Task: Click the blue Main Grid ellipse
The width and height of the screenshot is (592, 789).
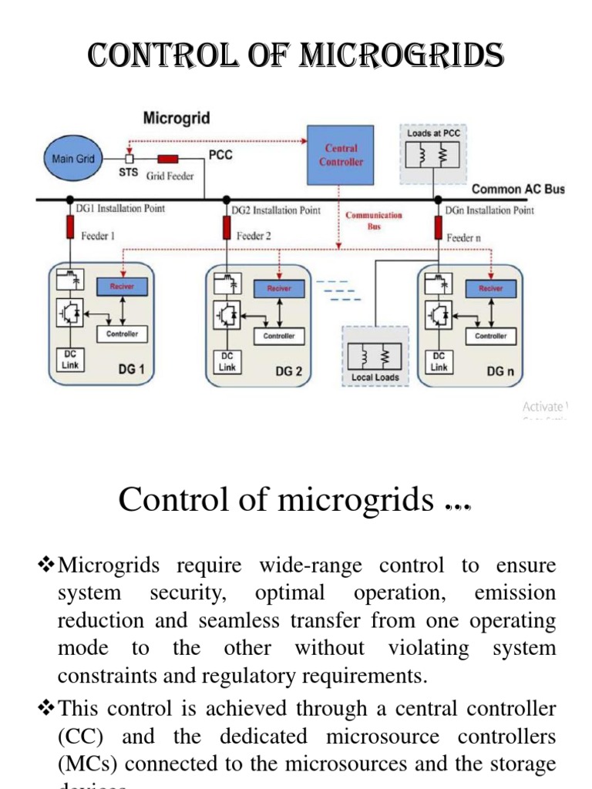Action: click(x=73, y=159)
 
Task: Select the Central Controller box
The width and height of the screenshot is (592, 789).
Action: click(x=341, y=155)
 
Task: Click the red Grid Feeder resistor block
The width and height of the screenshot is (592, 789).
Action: click(x=168, y=159)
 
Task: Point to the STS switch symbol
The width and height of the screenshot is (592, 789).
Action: click(x=129, y=159)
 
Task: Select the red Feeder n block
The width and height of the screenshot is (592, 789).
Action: click(x=437, y=228)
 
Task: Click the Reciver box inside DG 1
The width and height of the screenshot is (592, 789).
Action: click(x=122, y=287)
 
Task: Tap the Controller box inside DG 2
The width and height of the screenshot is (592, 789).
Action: click(x=279, y=336)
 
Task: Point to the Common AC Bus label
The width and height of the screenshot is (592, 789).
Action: click(x=517, y=190)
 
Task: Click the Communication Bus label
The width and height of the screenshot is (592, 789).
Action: click(x=374, y=220)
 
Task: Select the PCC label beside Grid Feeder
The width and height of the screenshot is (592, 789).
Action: click(x=221, y=155)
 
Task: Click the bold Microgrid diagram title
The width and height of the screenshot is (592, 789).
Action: click(x=176, y=118)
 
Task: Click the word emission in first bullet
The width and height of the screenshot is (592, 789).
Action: click(x=516, y=593)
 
